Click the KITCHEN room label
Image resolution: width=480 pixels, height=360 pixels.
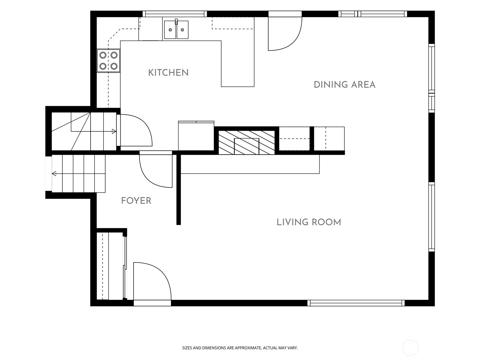point(168,73)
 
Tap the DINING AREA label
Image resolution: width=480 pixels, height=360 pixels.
point(344,85)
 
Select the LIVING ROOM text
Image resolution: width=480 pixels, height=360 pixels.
point(309,222)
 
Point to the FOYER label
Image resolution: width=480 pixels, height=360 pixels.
point(136,201)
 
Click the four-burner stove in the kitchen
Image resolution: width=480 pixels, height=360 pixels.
point(109,61)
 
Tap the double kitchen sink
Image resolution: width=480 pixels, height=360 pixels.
point(176,29)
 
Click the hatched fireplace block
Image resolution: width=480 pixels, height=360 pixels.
point(247,142)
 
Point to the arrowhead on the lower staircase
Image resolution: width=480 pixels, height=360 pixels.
point(54,174)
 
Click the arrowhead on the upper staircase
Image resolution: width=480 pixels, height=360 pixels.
point(114,131)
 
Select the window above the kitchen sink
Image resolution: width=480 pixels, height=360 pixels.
point(175,14)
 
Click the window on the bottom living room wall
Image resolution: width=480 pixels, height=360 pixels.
point(356,303)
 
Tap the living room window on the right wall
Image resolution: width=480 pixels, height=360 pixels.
point(431,217)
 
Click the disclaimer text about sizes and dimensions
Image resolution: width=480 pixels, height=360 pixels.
point(240,348)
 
